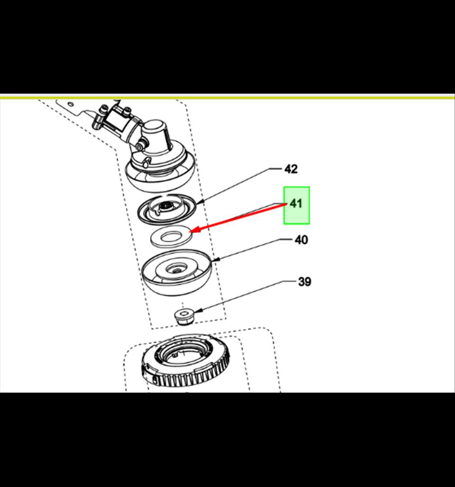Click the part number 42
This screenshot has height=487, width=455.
point(291,169)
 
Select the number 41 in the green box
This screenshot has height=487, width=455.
point(296,204)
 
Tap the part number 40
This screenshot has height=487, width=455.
point(301,240)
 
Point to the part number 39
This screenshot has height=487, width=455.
point(304,282)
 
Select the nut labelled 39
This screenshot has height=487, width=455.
point(184,316)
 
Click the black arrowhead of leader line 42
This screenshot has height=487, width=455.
point(201,203)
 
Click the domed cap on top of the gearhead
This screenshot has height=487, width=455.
point(155,130)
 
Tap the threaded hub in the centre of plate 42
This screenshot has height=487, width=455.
point(166,205)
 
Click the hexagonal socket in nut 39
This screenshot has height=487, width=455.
point(183,313)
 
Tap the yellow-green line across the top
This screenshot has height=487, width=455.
point(227,97)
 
